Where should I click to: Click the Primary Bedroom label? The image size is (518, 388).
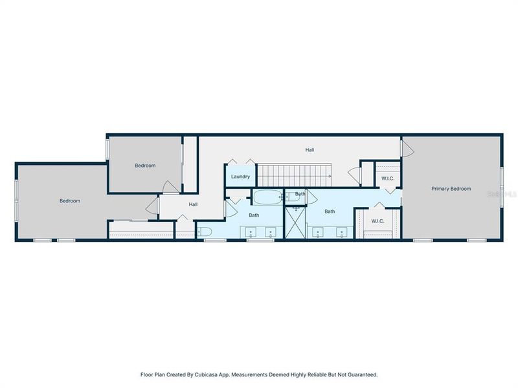[451, 189]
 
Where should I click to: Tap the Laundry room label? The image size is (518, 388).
[240, 177]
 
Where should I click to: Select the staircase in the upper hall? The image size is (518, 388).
[295, 175]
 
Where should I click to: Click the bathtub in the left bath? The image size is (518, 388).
[267, 197]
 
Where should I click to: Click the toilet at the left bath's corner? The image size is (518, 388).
[203, 232]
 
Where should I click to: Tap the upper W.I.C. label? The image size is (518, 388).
[388, 178]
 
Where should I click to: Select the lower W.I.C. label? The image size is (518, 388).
[377, 221]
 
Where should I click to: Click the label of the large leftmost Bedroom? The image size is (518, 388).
[70, 201]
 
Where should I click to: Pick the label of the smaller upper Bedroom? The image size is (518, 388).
[145, 166]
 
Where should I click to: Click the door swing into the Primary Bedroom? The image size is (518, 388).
[407, 149]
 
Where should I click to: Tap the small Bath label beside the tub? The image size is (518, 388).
[300, 194]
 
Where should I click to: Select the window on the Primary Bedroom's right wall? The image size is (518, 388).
[501, 187]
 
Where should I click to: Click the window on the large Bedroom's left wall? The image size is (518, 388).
[17, 200]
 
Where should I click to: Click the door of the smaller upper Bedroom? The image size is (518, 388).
[170, 188]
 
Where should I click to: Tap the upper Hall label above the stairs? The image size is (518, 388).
[310, 150]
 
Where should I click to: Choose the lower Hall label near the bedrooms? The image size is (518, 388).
[193, 204]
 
